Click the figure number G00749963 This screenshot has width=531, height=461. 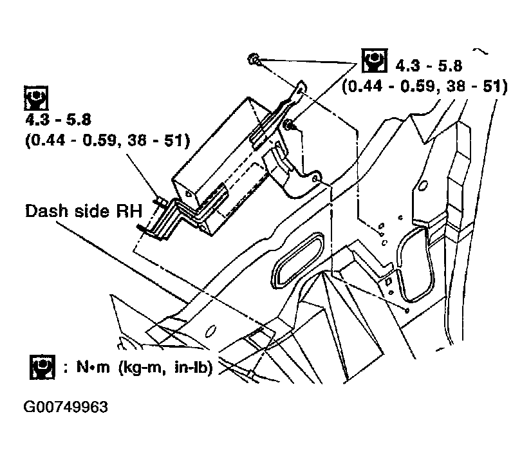pos(66,408)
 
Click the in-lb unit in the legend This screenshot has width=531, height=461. pos(193,369)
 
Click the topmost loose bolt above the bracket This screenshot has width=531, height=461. pos(254,61)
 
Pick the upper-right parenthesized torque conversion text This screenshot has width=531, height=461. pos(425,86)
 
